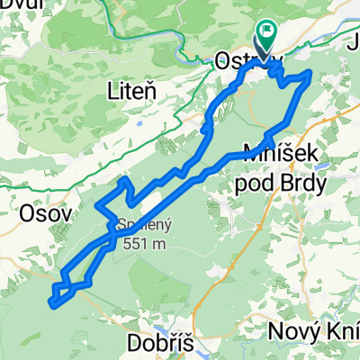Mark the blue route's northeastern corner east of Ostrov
tap(310, 74)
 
